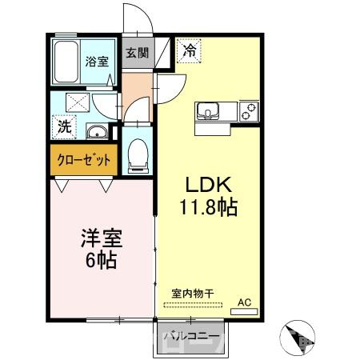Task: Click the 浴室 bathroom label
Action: (x=98, y=61)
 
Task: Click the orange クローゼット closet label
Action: (x=84, y=159)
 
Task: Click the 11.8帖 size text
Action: (x=207, y=208)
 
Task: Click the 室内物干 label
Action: (x=191, y=294)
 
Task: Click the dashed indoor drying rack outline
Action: (x=192, y=305)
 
